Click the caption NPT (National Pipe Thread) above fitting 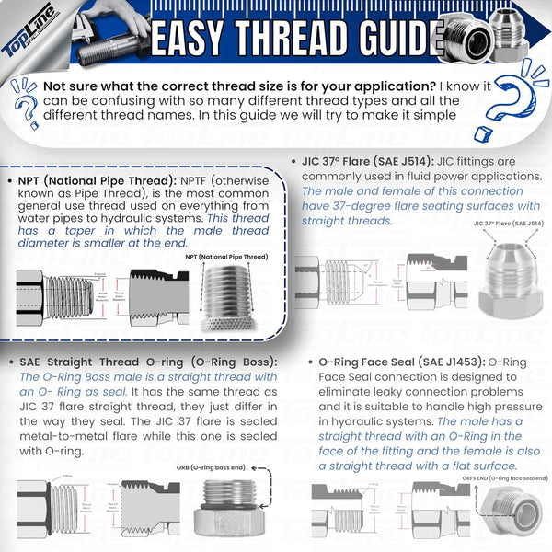(x=224, y=257)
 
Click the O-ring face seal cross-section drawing (x=386, y=511)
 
